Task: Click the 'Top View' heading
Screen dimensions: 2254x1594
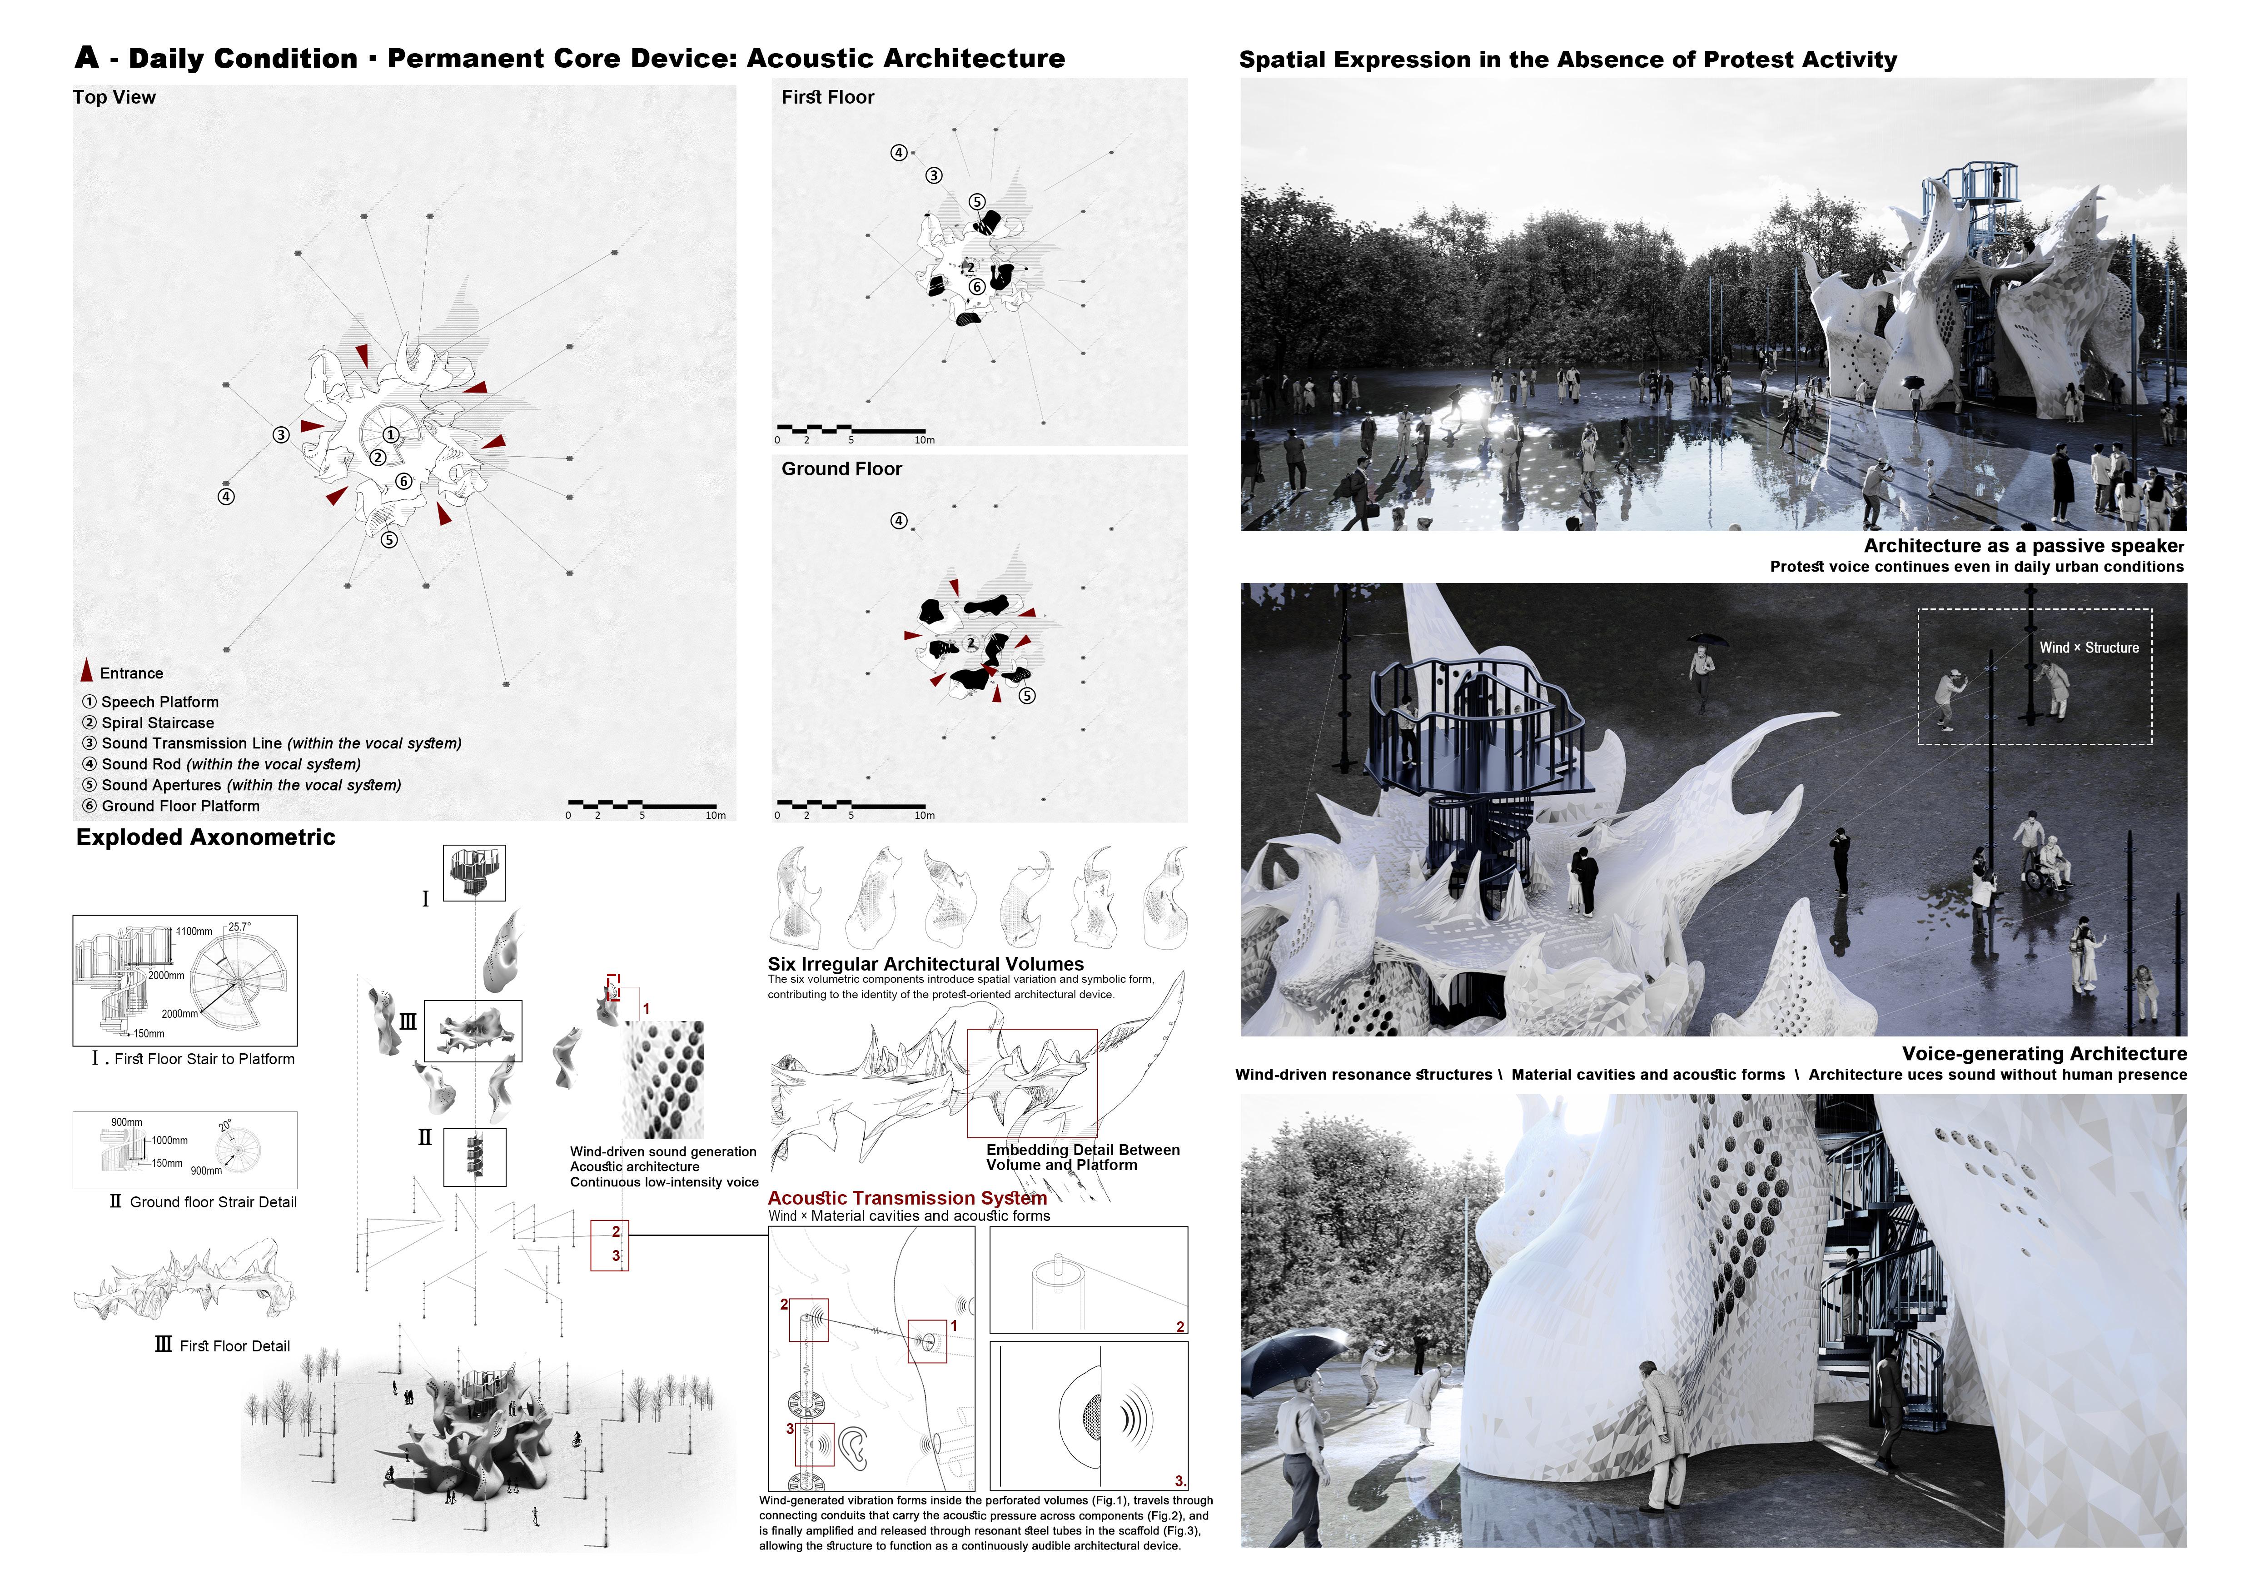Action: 114,97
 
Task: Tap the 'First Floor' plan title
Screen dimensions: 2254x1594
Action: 827,97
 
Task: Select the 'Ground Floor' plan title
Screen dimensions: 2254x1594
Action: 841,469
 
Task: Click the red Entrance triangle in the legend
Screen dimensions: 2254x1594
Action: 86,672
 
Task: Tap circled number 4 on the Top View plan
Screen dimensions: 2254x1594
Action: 226,497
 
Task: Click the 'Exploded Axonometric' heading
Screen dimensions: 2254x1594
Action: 206,837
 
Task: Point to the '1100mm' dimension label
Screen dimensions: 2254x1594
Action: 194,931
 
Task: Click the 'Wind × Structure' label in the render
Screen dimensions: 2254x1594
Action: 2089,648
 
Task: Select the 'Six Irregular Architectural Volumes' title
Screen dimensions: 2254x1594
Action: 926,964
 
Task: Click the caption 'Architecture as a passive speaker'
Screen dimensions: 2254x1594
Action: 2024,546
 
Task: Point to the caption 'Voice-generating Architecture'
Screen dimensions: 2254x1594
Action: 2045,1053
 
